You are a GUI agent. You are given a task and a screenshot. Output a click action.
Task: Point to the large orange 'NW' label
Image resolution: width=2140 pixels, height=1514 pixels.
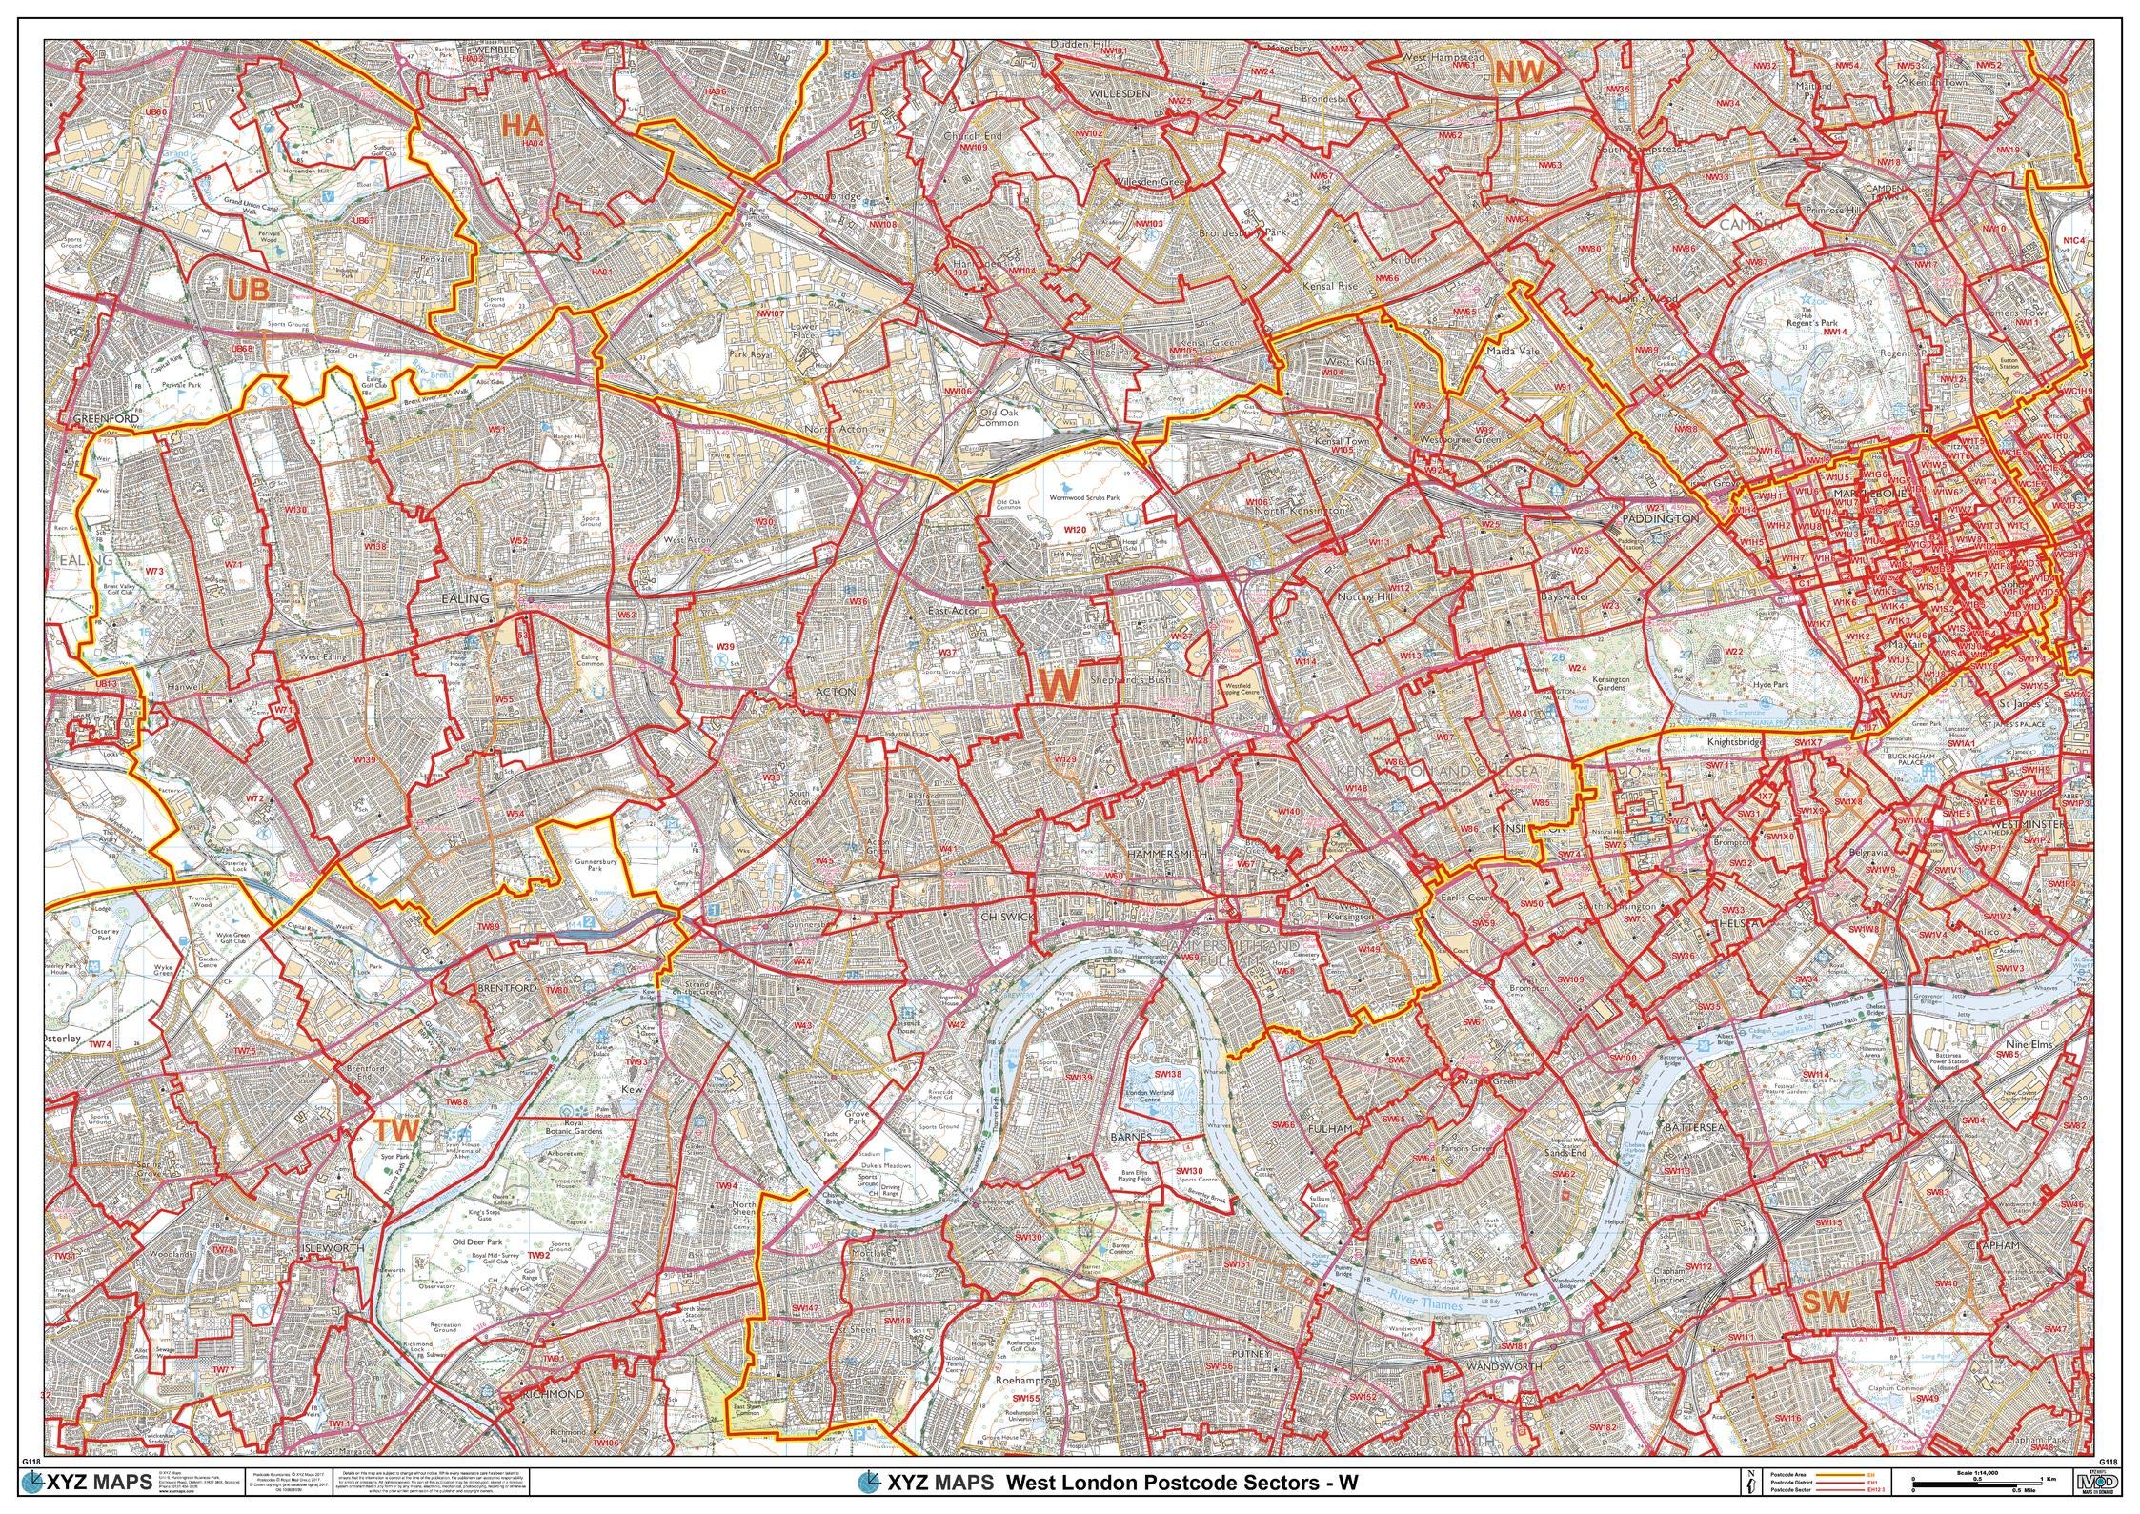coord(1519,72)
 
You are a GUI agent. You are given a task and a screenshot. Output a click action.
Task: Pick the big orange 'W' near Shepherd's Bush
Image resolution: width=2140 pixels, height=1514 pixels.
coord(1062,683)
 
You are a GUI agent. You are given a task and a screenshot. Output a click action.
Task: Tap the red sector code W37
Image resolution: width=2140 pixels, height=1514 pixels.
coord(948,653)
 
